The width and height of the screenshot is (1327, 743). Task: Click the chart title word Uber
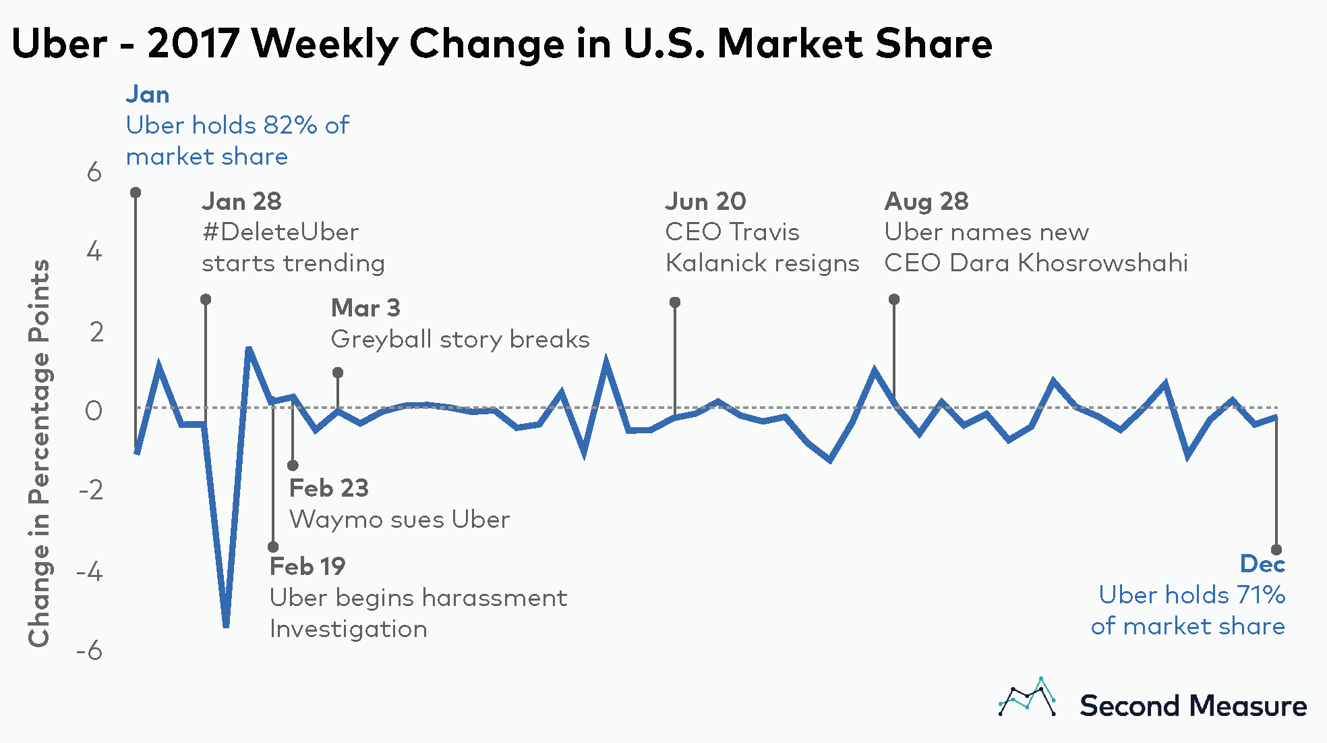point(59,44)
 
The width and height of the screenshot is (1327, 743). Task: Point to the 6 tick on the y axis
point(94,173)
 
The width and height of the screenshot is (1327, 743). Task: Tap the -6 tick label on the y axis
point(90,651)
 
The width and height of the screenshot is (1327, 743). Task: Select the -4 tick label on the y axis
point(90,572)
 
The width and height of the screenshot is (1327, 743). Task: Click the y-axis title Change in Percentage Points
point(39,453)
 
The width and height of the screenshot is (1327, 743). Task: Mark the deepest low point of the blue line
point(226,625)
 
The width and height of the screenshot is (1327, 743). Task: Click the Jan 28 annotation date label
point(241,201)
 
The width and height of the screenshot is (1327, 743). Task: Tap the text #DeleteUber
point(280,232)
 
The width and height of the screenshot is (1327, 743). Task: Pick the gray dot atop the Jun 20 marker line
point(675,302)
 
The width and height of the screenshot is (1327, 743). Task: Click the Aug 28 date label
point(926,201)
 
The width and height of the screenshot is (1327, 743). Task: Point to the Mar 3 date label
point(365,308)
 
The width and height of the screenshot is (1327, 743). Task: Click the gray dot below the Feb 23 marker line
point(293,466)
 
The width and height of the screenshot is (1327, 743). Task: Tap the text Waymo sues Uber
point(399,520)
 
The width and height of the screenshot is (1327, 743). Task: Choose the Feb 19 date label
point(307,566)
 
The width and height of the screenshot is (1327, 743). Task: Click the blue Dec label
point(1262,563)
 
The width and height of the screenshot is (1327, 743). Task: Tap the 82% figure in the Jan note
point(290,126)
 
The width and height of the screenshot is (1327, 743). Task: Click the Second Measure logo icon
point(1027,698)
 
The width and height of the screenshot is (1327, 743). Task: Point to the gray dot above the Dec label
point(1276,550)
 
